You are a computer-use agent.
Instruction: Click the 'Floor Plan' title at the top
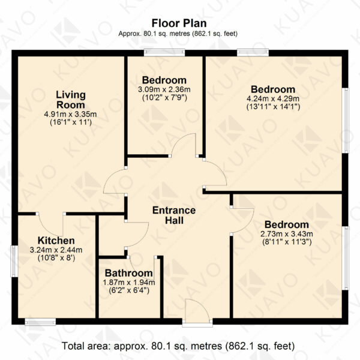click(179, 23)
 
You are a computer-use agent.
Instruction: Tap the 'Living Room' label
click(71, 100)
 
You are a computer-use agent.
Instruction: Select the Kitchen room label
click(56, 241)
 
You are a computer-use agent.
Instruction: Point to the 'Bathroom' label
click(129, 273)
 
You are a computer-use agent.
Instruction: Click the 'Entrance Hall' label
click(174, 215)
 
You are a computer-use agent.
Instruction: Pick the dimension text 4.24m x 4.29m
click(273, 99)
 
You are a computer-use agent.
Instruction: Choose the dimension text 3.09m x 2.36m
click(164, 89)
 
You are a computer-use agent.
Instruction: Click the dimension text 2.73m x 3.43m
click(287, 234)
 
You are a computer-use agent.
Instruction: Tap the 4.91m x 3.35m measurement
click(70, 114)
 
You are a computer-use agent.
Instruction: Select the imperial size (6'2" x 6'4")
click(129, 290)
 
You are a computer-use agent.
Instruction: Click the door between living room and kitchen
click(51, 223)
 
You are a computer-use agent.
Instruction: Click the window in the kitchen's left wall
click(14, 261)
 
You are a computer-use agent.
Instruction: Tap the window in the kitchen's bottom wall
click(40, 322)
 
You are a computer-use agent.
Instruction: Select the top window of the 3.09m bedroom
click(164, 53)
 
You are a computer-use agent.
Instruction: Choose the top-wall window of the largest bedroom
click(253, 53)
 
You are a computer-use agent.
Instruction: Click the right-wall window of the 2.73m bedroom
click(345, 258)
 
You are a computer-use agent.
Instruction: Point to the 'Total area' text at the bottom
click(178, 346)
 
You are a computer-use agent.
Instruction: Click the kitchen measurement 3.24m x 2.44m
click(56, 250)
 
